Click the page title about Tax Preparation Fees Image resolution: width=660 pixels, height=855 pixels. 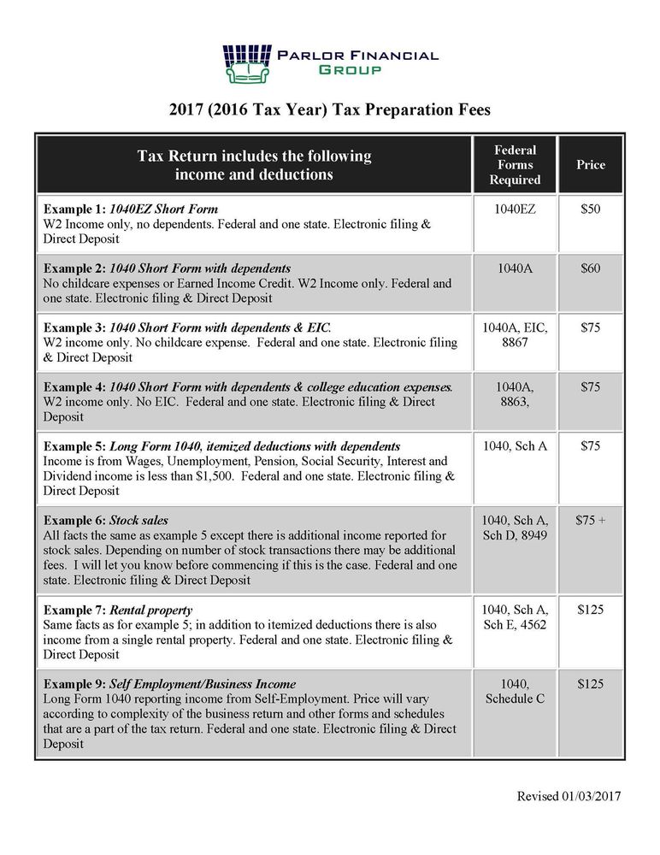330,110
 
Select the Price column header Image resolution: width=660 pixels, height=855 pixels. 590,164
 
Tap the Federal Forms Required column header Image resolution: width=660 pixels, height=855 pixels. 515,165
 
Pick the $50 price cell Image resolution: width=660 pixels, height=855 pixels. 590,209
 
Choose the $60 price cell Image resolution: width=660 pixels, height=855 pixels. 590,268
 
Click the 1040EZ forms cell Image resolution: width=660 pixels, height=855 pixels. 515,209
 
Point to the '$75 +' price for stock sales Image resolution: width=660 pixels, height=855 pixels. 590,519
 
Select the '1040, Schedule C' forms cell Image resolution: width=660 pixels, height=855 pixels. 515,691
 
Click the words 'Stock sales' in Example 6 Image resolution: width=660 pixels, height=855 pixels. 138,520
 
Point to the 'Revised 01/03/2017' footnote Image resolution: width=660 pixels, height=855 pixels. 569,796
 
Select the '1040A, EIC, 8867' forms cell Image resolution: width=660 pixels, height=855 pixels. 515,335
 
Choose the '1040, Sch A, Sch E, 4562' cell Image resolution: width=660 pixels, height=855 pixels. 515,618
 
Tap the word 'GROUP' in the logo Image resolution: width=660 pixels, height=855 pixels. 351,69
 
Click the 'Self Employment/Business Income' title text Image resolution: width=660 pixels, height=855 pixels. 203,684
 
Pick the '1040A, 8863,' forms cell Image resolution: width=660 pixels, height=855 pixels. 515,394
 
